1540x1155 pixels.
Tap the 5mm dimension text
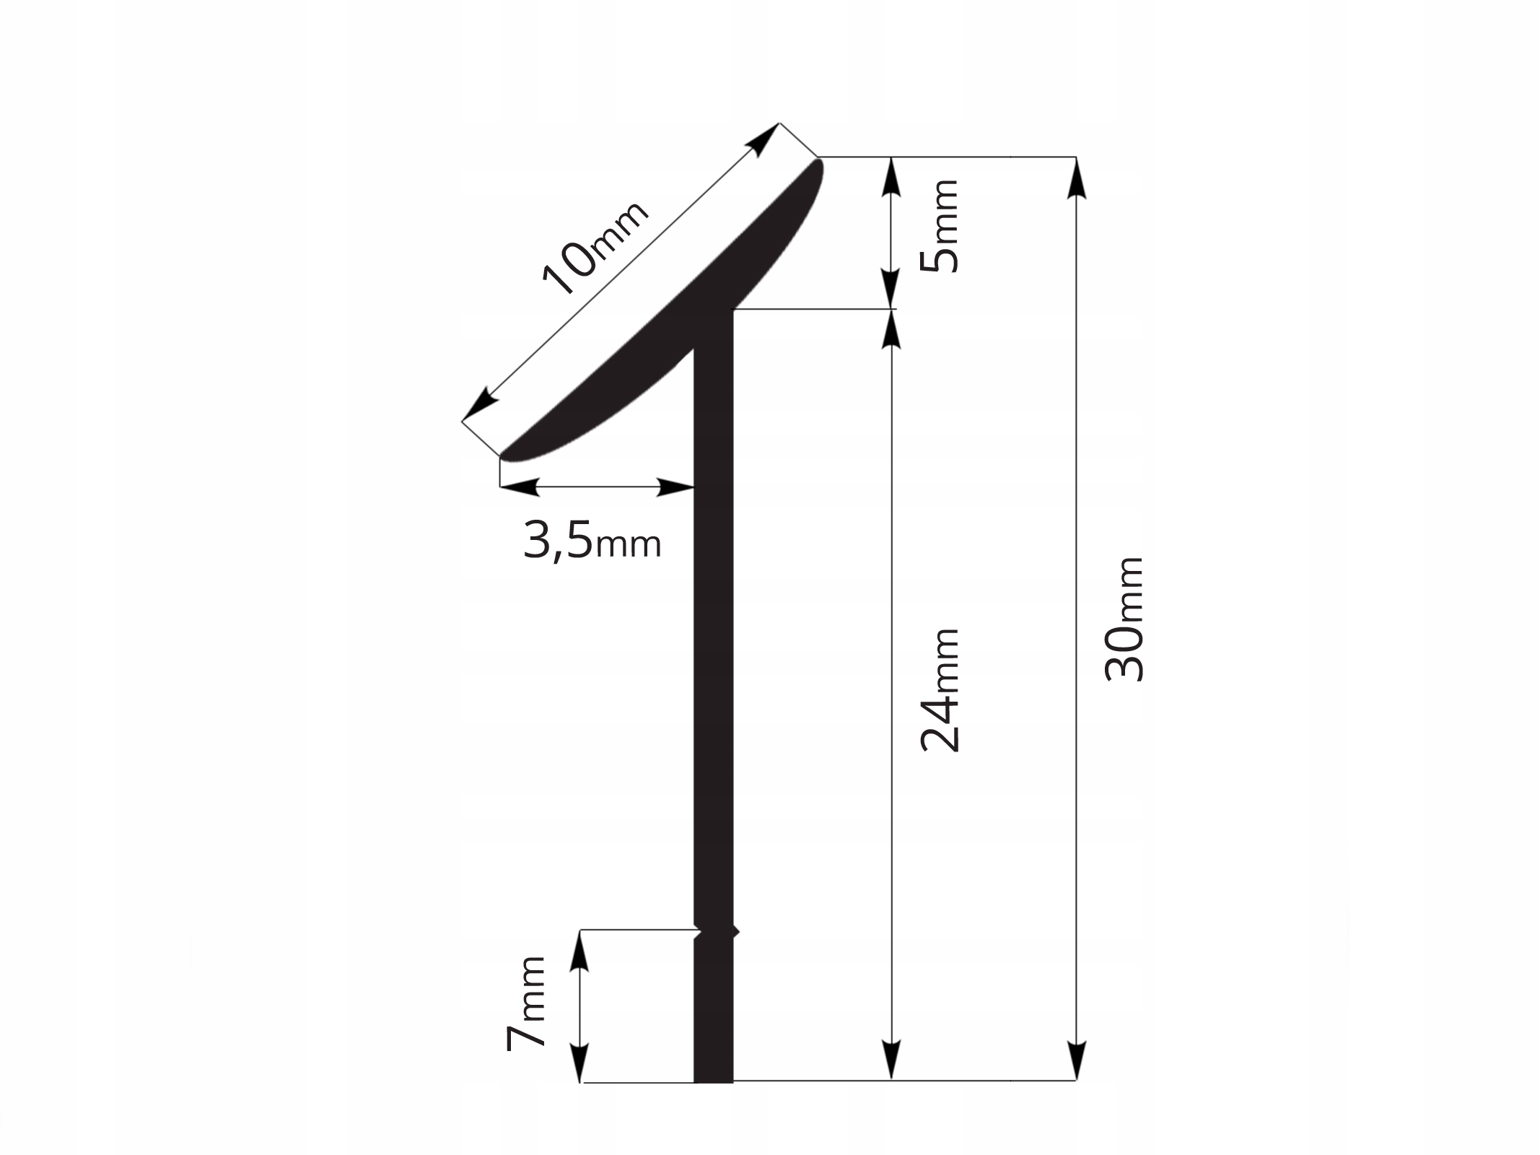pos(940,225)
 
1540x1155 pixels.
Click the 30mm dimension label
pos(1124,619)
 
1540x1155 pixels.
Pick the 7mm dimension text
pos(525,1003)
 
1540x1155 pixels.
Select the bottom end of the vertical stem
pos(713,1102)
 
